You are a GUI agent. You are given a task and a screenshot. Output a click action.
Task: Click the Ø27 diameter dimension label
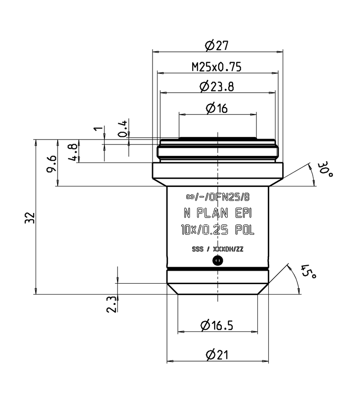coord(217,45)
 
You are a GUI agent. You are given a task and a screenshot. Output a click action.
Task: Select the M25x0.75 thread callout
coord(217,67)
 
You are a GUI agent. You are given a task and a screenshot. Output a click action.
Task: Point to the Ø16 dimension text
coord(217,108)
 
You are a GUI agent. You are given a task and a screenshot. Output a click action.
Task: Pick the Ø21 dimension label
coord(217,355)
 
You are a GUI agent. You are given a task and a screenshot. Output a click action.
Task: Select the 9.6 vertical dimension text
coord(52,163)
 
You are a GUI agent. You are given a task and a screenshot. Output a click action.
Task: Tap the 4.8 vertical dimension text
coord(72,152)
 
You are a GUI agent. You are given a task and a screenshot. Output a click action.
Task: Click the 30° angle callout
coord(324,171)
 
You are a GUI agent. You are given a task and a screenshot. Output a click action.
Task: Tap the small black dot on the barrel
coord(217,260)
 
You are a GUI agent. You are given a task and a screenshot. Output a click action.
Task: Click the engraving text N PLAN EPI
coord(217,213)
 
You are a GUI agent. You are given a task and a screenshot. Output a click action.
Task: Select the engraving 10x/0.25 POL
coord(217,231)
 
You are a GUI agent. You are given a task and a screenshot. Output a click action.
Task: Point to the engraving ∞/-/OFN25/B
coord(217,197)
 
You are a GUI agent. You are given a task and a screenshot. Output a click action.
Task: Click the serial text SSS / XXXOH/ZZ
coord(217,249)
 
